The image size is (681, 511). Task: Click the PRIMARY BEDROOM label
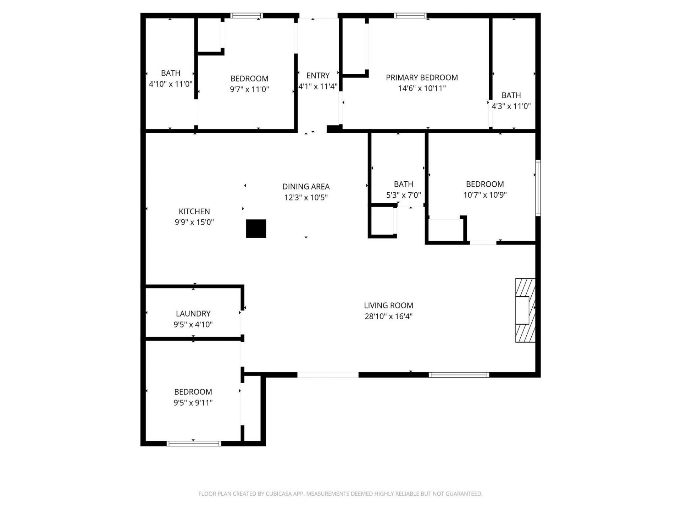421,77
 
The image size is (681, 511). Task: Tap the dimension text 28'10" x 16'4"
388,316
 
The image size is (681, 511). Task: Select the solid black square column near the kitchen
256,229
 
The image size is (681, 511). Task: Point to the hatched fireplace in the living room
525,311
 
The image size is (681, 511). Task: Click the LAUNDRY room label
193,313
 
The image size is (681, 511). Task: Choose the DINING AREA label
306,186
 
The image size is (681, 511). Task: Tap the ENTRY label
318,75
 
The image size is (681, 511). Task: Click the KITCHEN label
194,211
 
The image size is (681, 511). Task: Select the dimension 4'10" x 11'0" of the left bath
171,84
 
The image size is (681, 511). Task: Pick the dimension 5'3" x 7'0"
403,195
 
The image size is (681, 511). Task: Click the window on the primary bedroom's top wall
410,16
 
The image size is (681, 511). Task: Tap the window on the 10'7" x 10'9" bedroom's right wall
538,188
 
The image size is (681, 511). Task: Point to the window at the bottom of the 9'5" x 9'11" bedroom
194,443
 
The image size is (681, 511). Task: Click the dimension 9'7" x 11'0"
249,89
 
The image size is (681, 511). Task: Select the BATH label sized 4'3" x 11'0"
511,95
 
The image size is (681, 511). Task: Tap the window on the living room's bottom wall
459,375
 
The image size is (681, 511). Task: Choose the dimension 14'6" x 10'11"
421,88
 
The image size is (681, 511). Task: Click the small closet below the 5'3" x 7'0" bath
382,221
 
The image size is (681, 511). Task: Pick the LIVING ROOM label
388,305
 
